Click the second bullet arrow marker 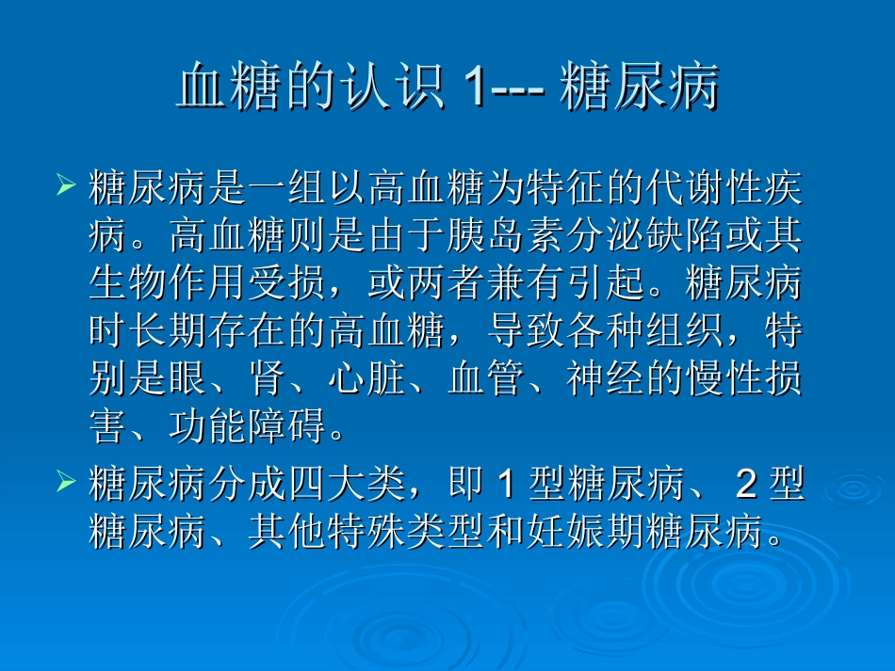[65, 482]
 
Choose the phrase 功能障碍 [248, 427]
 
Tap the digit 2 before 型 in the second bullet [745, 486]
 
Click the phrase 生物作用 [168, 283]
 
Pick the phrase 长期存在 [207, 331]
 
